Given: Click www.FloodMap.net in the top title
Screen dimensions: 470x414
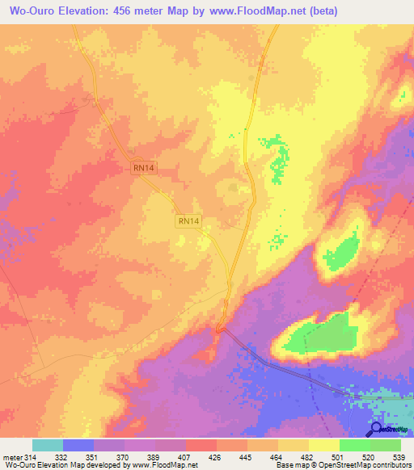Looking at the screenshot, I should [x=250, y=11].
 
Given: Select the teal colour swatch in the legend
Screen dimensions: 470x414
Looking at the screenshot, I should [x=48, y=446].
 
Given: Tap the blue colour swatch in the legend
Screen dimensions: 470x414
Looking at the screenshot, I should [x=78, y=446].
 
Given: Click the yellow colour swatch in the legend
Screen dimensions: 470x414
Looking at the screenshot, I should [x=323, y=446].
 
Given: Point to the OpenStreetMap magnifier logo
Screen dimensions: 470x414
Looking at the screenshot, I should [x=375, y=429].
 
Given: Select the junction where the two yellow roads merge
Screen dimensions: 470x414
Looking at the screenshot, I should [x=229, y=283].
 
